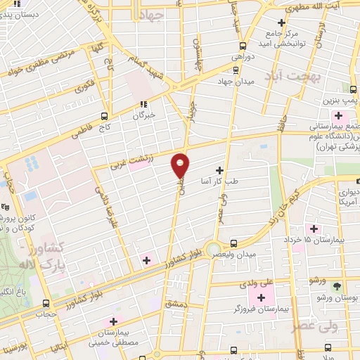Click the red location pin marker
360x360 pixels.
[181, 165]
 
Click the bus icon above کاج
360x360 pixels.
[105, 116]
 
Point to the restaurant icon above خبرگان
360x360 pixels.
[143, 104]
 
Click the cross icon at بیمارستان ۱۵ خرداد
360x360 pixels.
[314, 229]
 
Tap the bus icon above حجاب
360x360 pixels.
[46, 304]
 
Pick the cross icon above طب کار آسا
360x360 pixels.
[220, 170]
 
